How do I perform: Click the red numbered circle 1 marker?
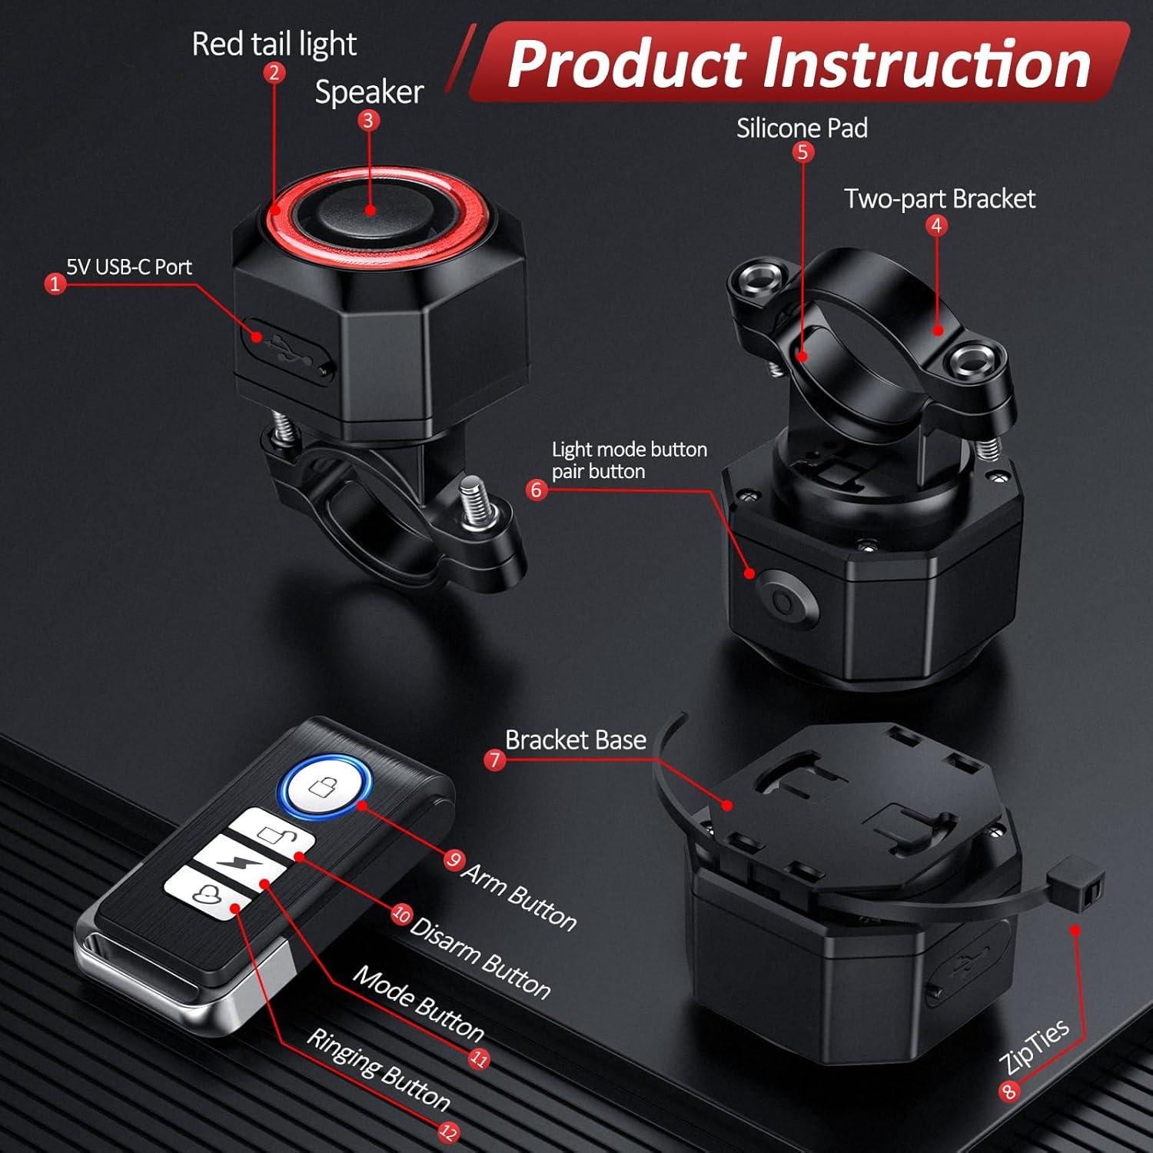(54, 284)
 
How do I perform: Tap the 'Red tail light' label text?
(274, 44)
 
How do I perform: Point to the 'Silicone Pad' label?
(802, 128)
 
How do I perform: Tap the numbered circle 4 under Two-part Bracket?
(935, 226)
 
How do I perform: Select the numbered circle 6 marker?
(537, 490)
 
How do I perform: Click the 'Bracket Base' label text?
(575, 739)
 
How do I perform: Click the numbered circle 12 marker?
(448, 1131)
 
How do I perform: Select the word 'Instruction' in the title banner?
(926, 64)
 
